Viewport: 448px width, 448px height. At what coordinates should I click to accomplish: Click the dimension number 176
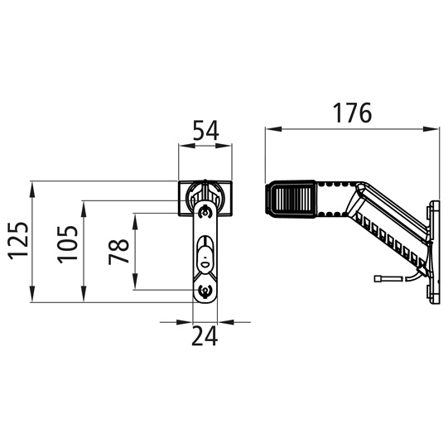point(351,113)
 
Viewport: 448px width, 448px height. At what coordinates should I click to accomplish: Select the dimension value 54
point(205,131)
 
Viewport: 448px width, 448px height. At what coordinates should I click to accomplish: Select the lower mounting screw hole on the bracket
point(205,291)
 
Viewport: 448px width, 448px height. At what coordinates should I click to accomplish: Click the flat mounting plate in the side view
point(432,248)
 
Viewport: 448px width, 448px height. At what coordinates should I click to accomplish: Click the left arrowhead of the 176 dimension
point(269,129)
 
